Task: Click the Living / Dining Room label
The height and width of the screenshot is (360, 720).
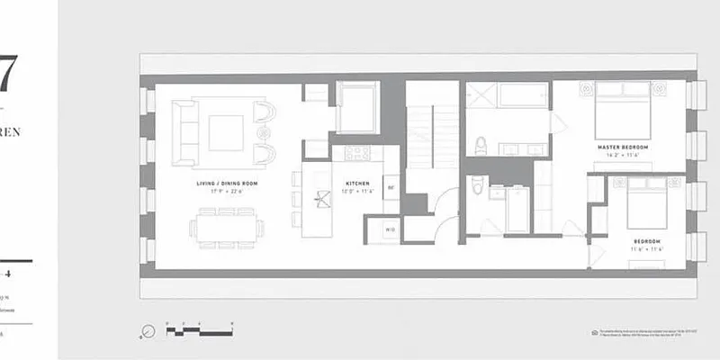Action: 227,184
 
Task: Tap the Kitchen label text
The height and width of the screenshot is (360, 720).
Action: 352,184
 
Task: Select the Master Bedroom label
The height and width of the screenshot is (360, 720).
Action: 623,146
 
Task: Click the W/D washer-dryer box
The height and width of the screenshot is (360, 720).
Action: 391,229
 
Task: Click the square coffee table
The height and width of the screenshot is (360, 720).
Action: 225,132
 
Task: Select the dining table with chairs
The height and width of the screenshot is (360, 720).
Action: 227,229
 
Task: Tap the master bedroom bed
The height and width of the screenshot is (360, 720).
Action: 623,111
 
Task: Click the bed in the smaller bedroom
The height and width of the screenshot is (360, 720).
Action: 645,205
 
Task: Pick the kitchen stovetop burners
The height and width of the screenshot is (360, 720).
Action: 352,153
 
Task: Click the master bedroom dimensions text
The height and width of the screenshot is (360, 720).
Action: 623,155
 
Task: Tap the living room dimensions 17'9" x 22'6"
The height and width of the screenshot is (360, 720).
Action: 227,192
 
